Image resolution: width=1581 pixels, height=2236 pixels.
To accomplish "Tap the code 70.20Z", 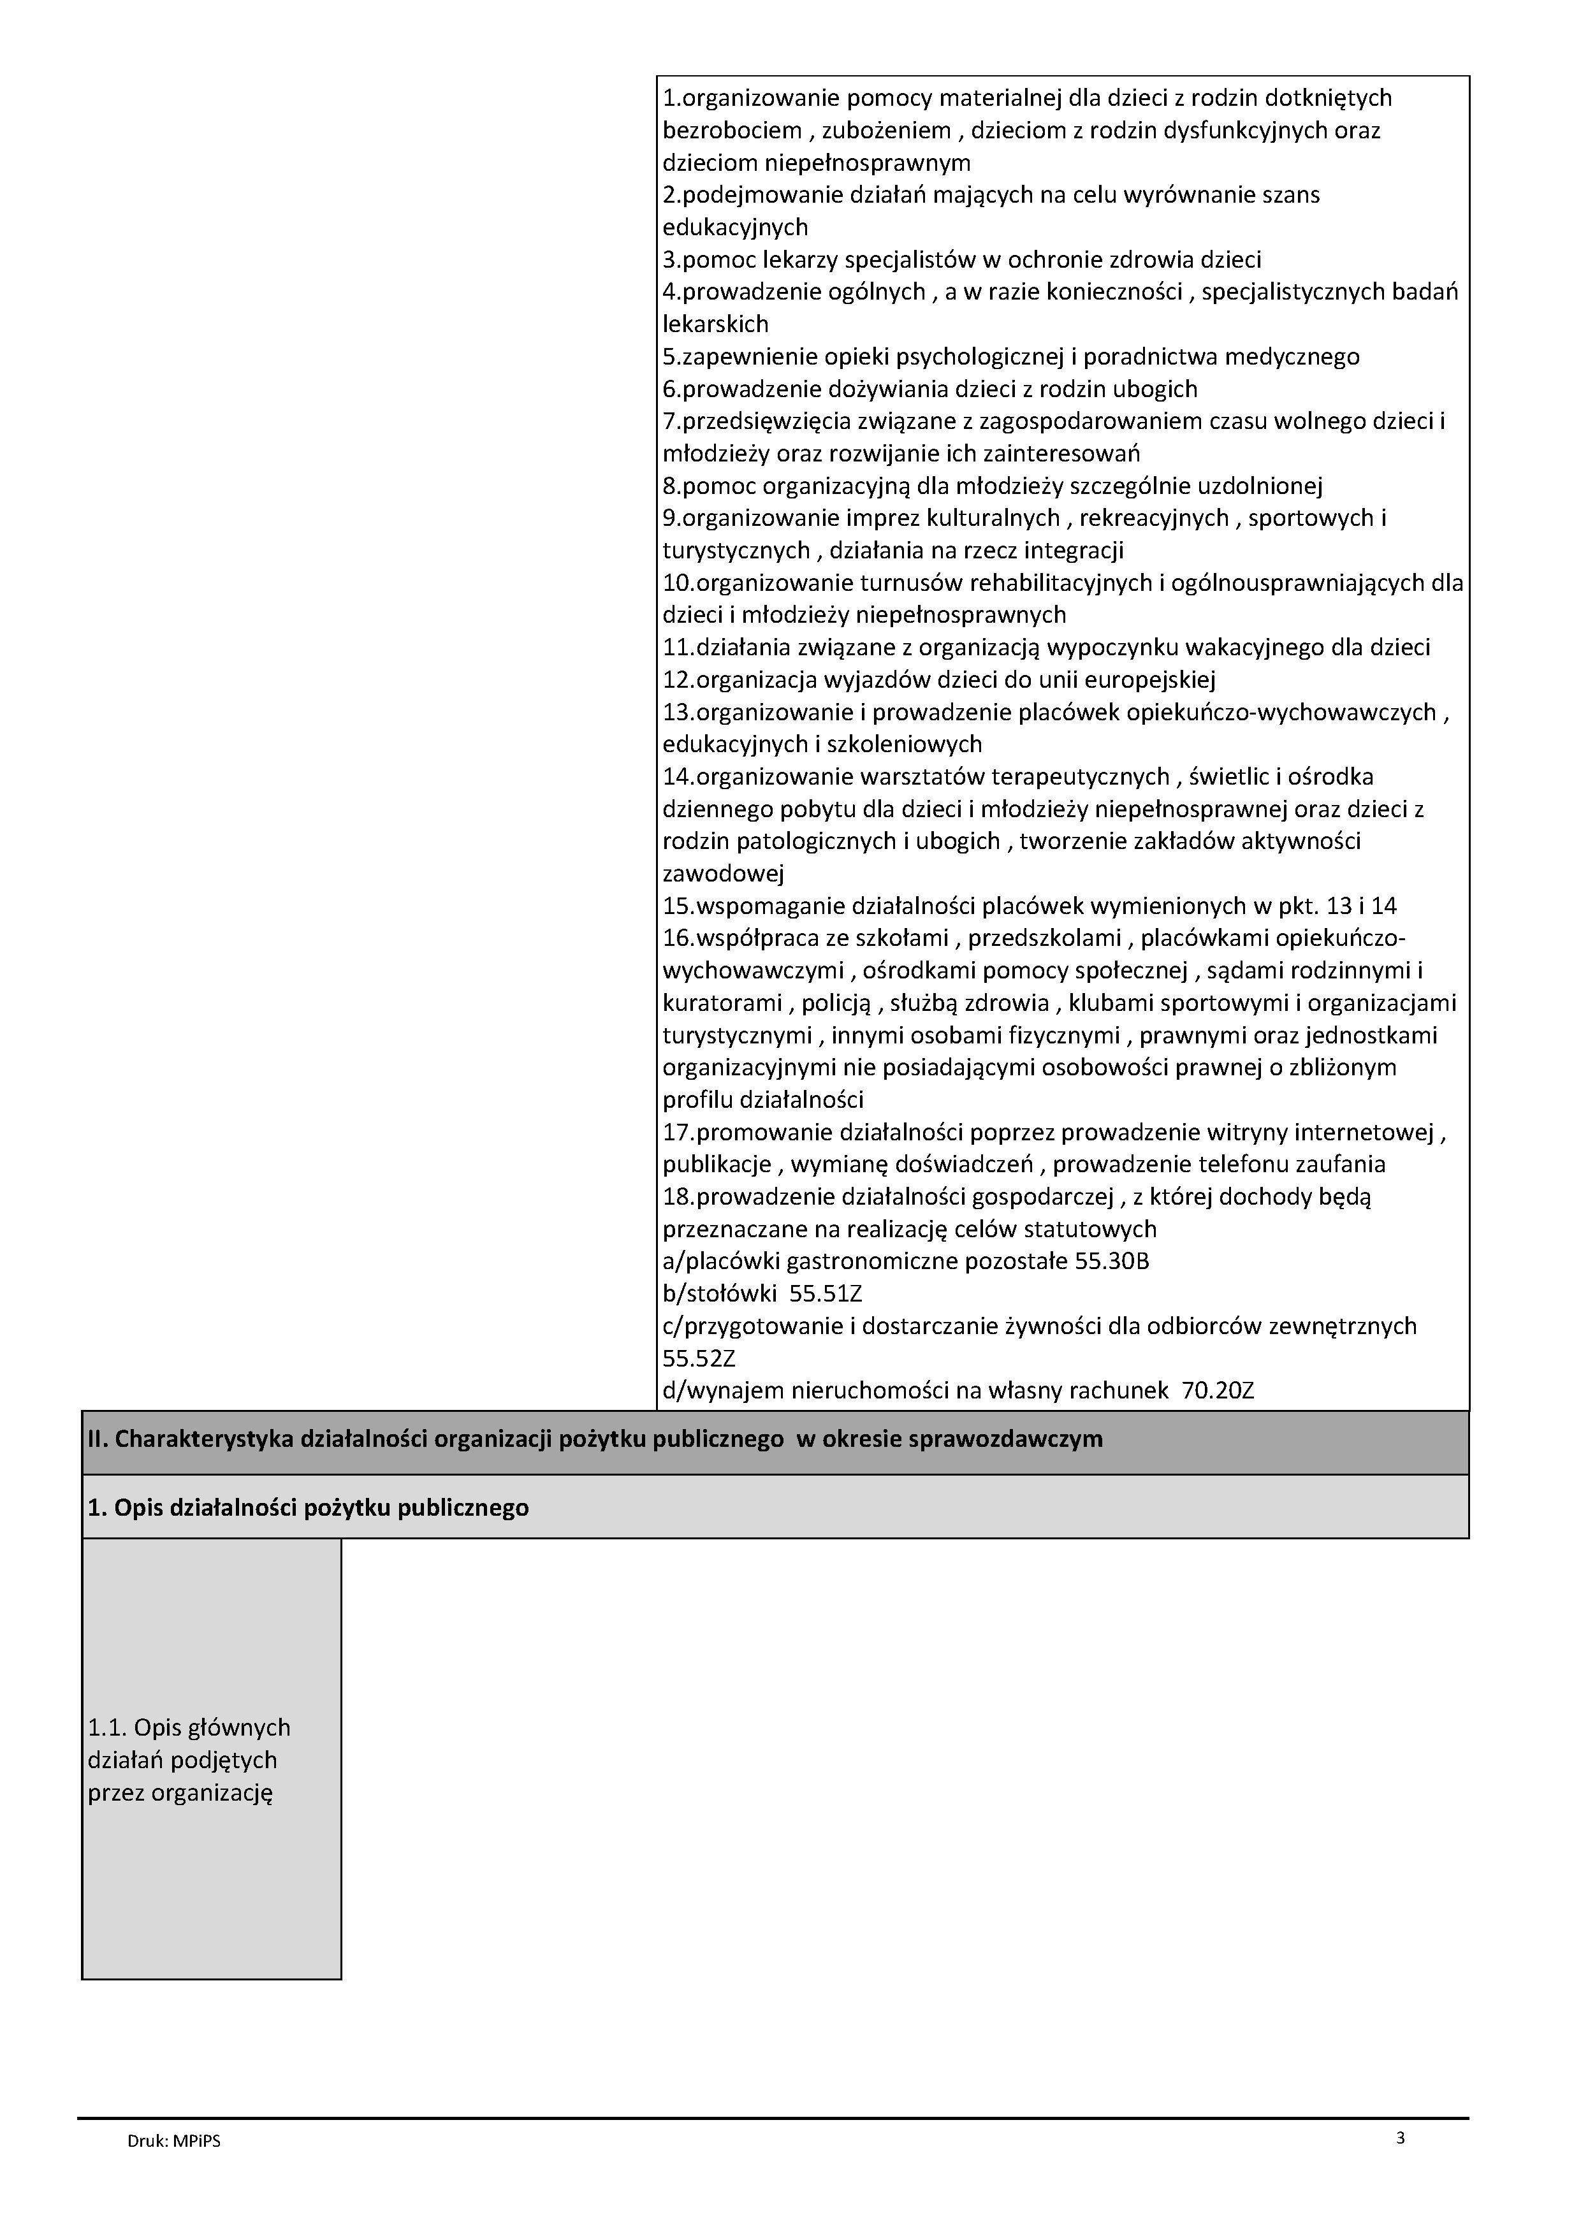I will pos(1217,1391).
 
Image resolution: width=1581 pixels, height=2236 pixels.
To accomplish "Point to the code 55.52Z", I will pos(699,1358).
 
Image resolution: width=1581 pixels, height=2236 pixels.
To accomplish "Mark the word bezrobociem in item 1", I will pos(732,131).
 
